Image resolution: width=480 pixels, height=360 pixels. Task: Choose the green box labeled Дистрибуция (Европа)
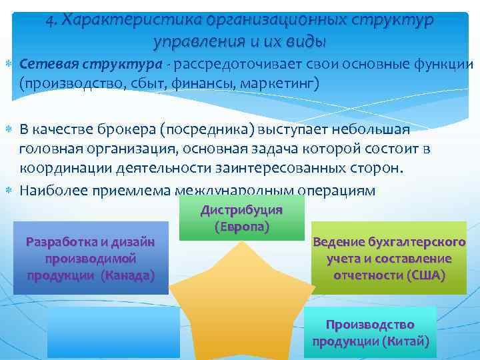241,218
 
